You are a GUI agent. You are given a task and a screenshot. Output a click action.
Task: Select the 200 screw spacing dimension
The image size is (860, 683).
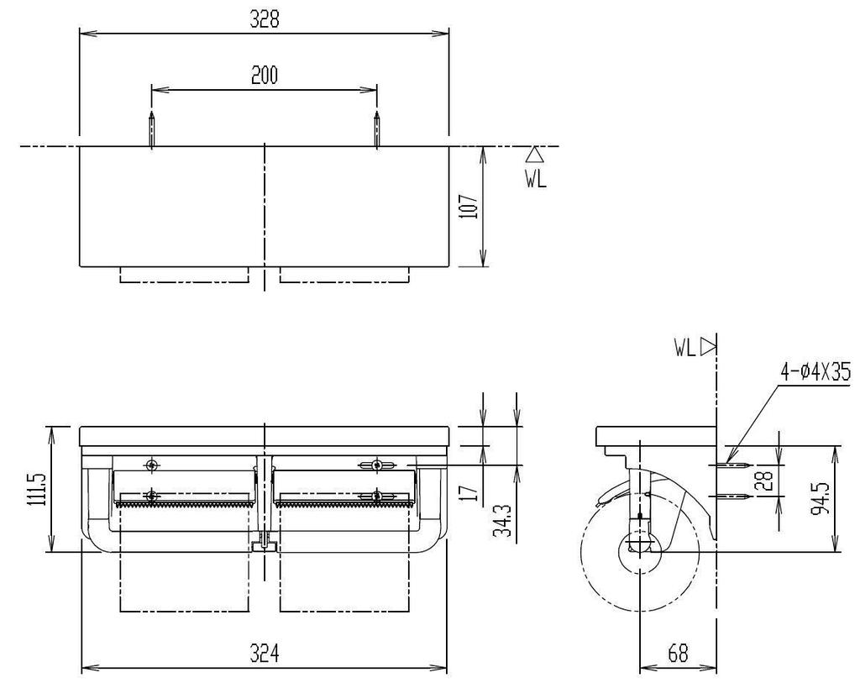tap(265, 76)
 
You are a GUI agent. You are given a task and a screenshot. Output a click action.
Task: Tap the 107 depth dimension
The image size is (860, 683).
tap(470, 207)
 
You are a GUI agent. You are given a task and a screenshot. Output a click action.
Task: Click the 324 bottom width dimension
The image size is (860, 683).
tap(264, 653)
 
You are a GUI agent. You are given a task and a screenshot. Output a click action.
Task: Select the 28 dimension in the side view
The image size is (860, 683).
tap(763, 481)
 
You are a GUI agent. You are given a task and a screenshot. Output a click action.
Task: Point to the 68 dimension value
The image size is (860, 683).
tap(678, 653)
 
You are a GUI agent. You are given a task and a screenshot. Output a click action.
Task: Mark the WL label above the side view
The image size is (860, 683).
tap(684, 346)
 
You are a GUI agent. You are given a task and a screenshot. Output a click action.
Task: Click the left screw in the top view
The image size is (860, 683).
tap(151, 129)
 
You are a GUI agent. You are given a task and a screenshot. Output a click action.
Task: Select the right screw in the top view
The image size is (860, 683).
tap(377, 129)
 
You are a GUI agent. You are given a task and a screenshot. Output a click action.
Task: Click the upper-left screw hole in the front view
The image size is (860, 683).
tap(151, 465)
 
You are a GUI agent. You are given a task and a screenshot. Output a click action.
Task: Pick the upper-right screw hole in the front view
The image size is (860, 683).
tap(377, 465)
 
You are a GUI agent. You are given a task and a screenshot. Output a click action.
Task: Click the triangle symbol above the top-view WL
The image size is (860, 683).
tap(535, 155)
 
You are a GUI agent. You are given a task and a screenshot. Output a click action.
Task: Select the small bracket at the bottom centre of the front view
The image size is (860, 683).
tap(265, 546)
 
